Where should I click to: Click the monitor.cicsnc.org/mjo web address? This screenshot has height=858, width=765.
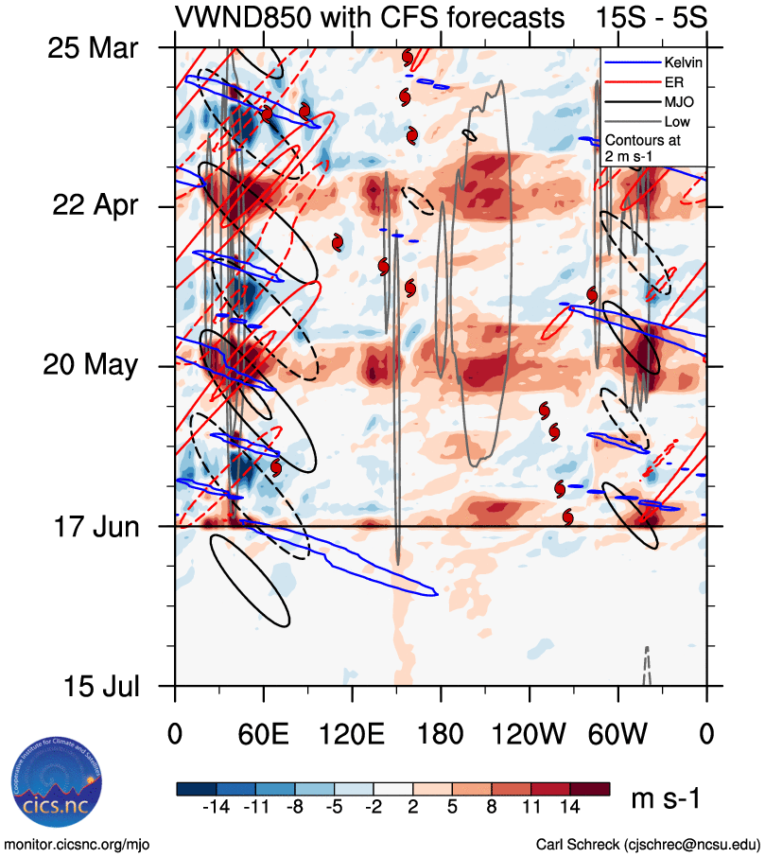click(x=78, y=843)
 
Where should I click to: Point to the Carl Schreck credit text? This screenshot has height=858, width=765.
click(x=648, y=843)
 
